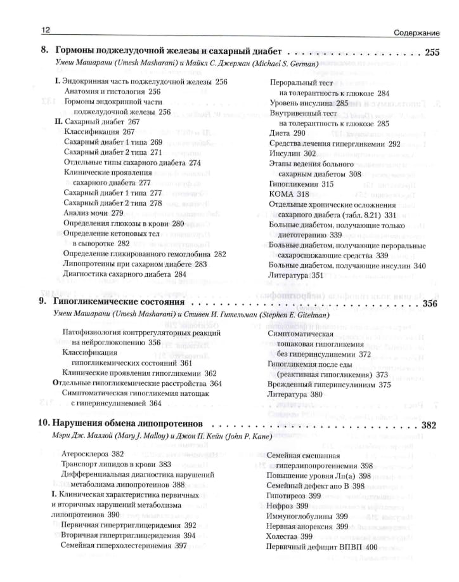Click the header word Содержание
[x=417, y=31]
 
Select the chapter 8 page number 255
[x=430, y=53]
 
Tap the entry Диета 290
[x=287, y=133]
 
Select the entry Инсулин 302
[x=292, y=153]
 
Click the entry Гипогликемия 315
[x=301, y=183]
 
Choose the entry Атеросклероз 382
[x=93, y=454]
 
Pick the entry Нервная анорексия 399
[x=307, y=526]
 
